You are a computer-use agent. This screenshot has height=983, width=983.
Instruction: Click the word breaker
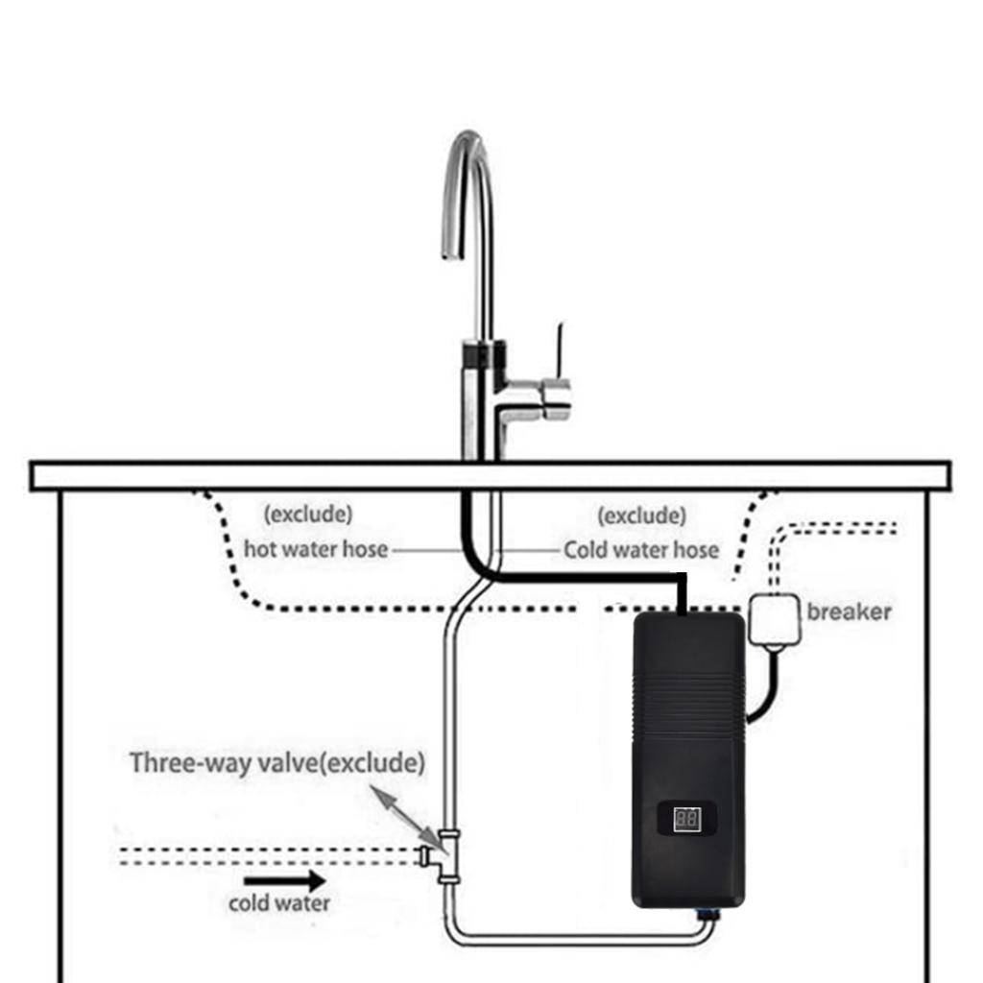click(x=849, y=611)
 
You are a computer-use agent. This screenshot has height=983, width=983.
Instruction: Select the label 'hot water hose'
click(x=316, y=550)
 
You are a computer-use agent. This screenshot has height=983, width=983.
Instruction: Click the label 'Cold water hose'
click(x=640, y=550)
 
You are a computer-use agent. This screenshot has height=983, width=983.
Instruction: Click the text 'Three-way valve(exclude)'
click(x=276, y=763)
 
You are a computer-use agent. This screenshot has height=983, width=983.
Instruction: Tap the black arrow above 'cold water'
click(x=284, y=879)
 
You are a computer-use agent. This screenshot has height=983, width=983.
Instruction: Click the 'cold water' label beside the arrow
click(x=278, y=903)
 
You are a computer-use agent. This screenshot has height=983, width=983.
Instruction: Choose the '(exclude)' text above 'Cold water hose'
click(x=641, y=516)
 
